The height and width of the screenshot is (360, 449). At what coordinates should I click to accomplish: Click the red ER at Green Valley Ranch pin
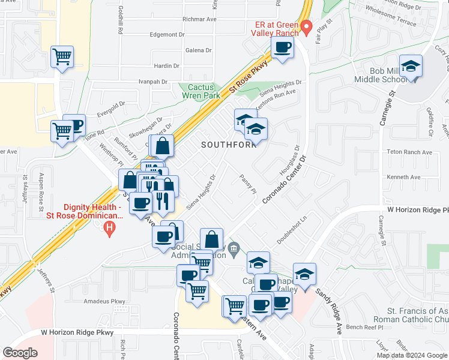click(306, 27)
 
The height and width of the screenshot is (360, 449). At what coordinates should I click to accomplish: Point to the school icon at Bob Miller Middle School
click(412, 65)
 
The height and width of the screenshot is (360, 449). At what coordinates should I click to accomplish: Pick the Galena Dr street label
click(199, 50)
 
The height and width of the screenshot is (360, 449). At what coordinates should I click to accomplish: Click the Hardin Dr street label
click(167, 65)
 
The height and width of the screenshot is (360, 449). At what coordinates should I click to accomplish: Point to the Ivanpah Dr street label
click(152, 81)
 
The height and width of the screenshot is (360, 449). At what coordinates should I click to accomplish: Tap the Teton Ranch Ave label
click(409, 152)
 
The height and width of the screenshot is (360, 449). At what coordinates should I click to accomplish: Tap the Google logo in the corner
click(20, 352)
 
